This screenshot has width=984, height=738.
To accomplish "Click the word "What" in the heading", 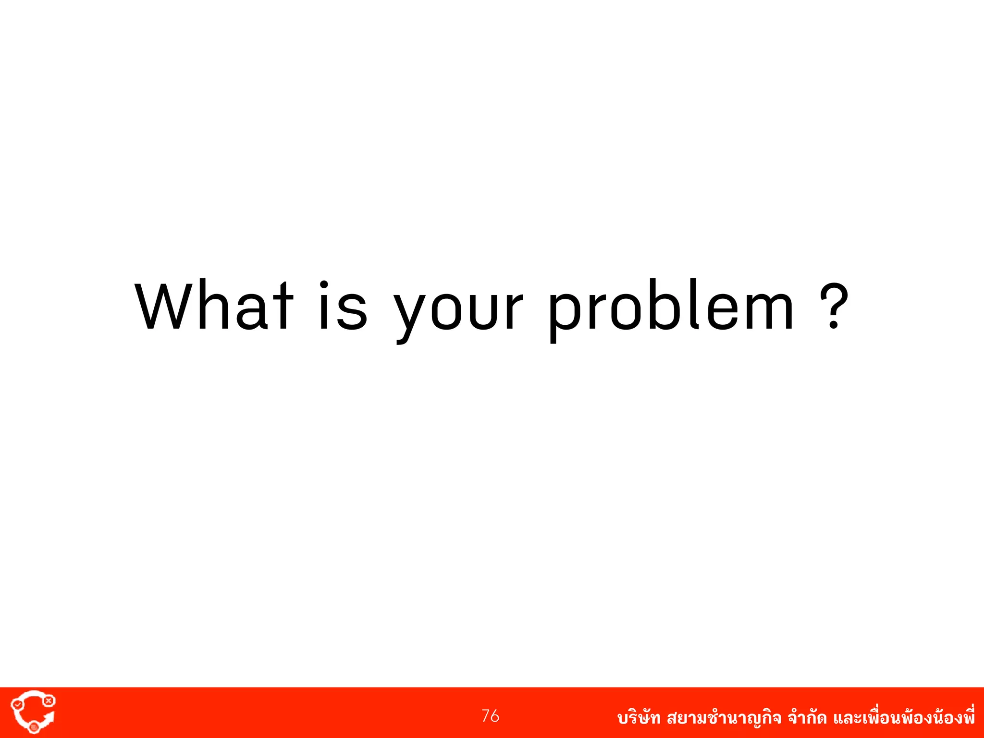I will coord(214,306).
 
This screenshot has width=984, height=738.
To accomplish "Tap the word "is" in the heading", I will coord(343,306).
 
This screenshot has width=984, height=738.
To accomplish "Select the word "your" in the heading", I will coord(458,312).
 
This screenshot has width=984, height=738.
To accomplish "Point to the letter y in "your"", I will coord(410,315).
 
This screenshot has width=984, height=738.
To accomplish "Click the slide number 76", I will coord(490,716).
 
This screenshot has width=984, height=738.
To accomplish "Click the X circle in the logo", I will coord(49,701).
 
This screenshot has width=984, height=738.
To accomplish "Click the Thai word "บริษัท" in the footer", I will coord(639,718).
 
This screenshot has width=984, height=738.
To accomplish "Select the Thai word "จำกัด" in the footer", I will coord(807,718).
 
